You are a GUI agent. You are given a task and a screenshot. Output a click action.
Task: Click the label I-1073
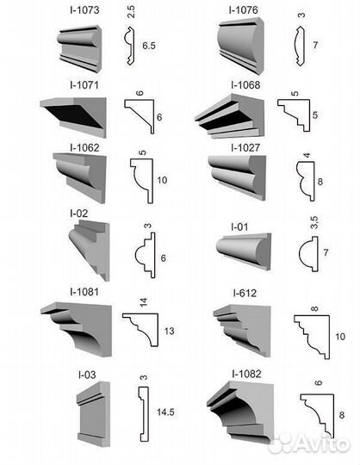84,9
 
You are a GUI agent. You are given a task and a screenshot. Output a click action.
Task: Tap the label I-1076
243,9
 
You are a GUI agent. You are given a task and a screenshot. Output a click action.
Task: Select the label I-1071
84,85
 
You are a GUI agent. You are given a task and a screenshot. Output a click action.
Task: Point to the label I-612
245,293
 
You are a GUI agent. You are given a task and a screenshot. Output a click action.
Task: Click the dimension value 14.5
165,412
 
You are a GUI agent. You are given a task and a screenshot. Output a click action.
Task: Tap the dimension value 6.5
149,46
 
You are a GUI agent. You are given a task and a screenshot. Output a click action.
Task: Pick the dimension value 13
169,331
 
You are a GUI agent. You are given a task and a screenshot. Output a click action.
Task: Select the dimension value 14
144,302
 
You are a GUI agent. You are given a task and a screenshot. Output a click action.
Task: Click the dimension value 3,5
314,222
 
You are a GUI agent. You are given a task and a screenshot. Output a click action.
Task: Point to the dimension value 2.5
131,12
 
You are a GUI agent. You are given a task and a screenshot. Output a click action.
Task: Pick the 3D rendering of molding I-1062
80,177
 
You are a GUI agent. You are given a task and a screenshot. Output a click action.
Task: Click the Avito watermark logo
310,443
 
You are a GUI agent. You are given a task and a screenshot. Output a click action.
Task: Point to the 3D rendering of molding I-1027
237,177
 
